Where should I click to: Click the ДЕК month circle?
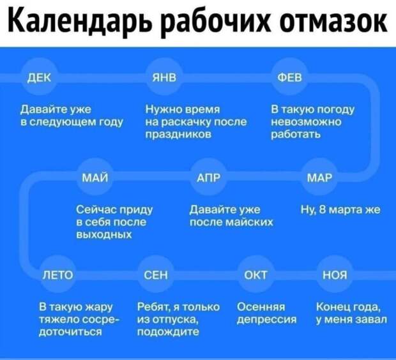pos(39,77)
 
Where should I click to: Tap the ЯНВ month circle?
pos(164,77)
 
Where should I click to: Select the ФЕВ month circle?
pos(290,77)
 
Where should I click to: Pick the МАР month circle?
pos(319,177)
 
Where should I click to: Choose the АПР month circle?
pos(208,177)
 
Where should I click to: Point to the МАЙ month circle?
pos(95,177)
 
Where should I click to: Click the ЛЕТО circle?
pos(57,274)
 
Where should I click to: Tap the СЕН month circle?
pos(156,274)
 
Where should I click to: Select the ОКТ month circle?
pos(256,274)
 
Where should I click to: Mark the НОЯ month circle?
pos(335,274)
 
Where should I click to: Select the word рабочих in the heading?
pos(218,22)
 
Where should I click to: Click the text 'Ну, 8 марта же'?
pos(340,210)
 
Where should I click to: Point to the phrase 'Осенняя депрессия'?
pos(267,313)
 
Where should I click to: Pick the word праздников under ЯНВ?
pos(179,134)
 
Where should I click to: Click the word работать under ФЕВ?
pos(296,134)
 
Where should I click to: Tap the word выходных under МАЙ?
pos(104,235)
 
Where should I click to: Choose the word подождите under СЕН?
pos(168,331)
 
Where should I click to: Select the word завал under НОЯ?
pos(370,319)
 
